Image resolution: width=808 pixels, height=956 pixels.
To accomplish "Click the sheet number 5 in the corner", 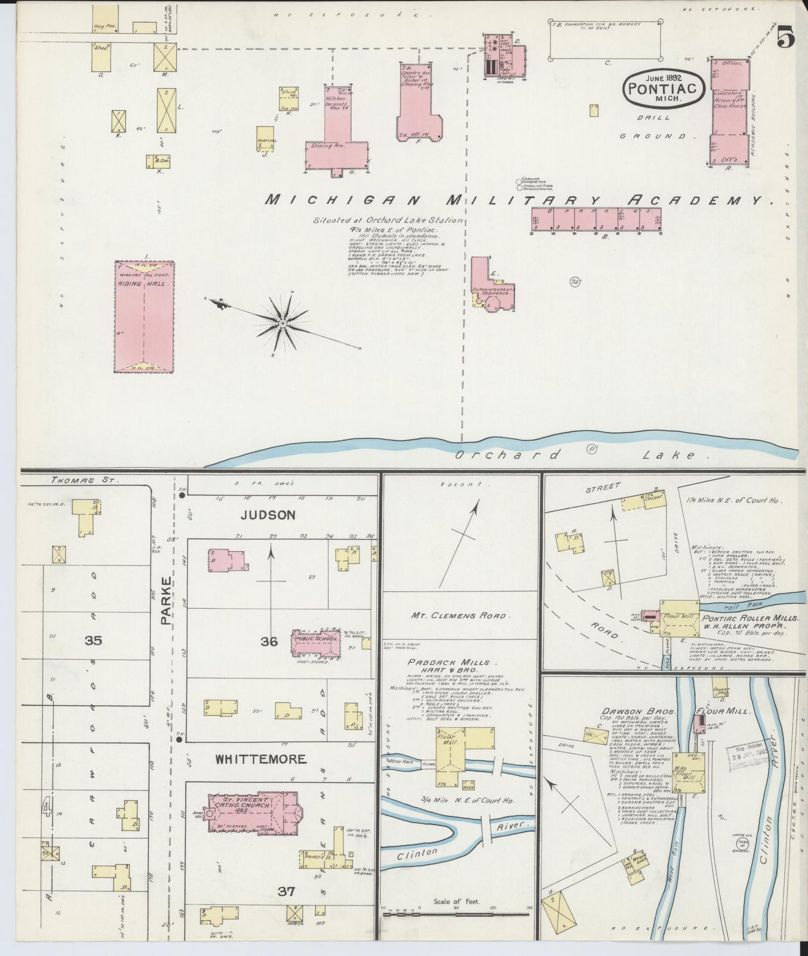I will [x=785, y=39].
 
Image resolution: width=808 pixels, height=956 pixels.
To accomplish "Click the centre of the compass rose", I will [x=282, y=323].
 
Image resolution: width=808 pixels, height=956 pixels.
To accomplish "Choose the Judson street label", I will [x=268, y=515].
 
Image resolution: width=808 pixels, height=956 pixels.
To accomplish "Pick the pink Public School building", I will [x=315, y=643].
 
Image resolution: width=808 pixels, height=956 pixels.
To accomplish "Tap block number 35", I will [x=93, y=641].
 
